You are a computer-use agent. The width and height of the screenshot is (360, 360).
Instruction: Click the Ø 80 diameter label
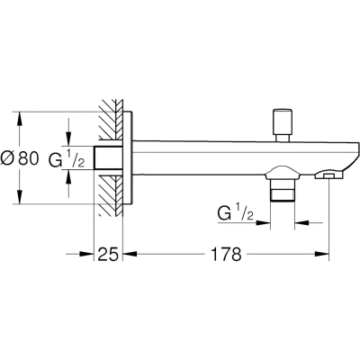coord(20,158)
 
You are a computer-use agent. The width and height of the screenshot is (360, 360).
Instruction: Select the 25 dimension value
coord(108,255)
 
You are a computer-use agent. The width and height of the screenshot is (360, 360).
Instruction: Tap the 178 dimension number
coord(226,255)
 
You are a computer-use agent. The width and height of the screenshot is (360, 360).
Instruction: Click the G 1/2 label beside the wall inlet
coord(67,158)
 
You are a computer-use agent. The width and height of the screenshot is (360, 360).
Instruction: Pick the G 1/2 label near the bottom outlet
coord(236,213)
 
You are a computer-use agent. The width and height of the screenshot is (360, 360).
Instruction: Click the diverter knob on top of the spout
coord(282,125)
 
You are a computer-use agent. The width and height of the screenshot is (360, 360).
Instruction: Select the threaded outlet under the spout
coord(283,190)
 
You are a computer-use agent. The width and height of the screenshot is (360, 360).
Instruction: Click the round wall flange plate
coord(128,157)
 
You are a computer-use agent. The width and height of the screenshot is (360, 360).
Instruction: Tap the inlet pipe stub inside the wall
coord(109,157)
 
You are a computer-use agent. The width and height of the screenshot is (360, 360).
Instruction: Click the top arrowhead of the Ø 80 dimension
coord(20,119)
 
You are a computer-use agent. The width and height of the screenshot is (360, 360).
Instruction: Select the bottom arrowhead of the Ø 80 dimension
coord(20,197)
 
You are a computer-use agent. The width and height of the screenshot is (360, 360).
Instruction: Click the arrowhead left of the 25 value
coord(86,254)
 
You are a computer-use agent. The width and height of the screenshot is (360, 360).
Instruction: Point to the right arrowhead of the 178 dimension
coord(322,254)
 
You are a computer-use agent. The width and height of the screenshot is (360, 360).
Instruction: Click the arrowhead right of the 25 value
coord(130,254)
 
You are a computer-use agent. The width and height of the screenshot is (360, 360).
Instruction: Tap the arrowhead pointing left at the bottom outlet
coord(301,222)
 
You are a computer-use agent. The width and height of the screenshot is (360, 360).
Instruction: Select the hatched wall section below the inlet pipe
coord(111,195)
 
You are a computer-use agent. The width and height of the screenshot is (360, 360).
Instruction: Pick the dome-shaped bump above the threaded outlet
coord(283,173)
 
